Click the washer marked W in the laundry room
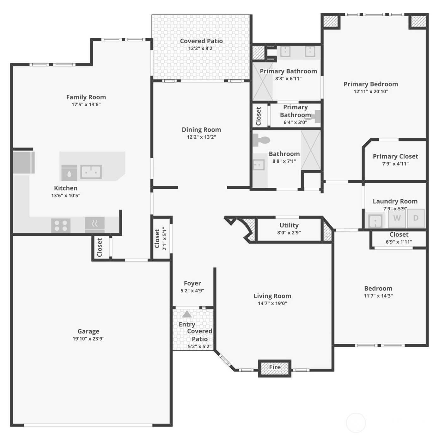(397, 218)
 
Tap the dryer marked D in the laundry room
(416, 218)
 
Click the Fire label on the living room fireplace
(275, 367)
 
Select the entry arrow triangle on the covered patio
(187, 314)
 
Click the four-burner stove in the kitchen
(61, 225)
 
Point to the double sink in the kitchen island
(91, 172)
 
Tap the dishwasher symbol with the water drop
(69, 173)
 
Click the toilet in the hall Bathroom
(261, 140)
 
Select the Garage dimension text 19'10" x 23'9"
(88, 339)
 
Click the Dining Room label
(201, 130)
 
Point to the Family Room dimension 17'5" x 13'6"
(86, 104)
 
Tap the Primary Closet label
(395, 156)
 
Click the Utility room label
(289, 225)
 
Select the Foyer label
(192, 283)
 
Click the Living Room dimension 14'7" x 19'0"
(272, 303)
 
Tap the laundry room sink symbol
(375, 221)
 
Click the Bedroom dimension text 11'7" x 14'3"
(378, 296)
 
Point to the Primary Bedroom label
(371, 84)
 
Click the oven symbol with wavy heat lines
(95, 224)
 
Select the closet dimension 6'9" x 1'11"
(399, 242)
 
